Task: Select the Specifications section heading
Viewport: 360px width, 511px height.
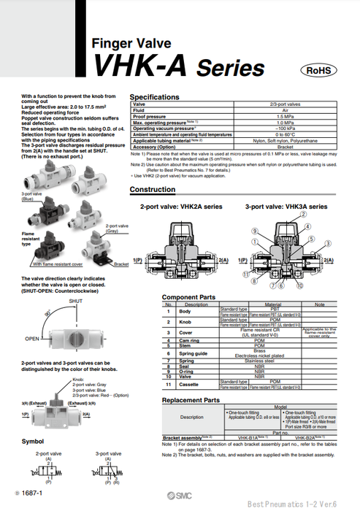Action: [154, 97]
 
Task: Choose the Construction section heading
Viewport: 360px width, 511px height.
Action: [152, 190]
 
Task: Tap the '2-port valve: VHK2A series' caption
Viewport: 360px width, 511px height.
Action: [180, 207]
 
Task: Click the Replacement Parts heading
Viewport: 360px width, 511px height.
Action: [191, 401]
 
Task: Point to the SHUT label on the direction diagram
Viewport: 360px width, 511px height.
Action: [75, 301]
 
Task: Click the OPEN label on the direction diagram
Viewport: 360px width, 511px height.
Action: [32, 339]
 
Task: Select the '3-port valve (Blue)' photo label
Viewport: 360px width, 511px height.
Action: [32, 196]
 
